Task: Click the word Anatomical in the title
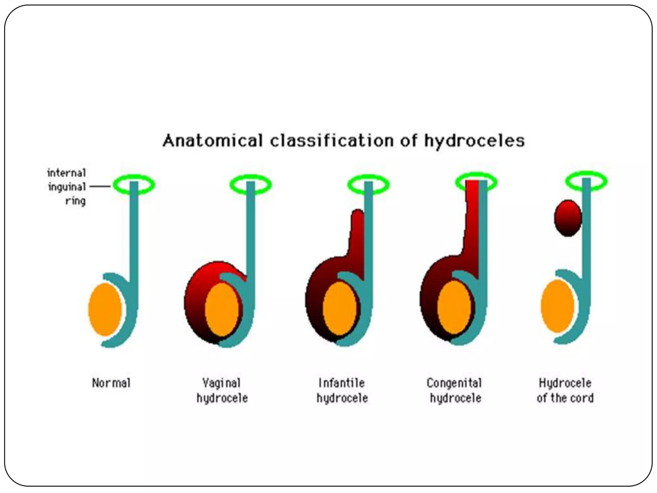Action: click(212, 141)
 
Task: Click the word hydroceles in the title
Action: click(474, 141)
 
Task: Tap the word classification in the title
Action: click(332, 141)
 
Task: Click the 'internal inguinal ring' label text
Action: click(67, 187)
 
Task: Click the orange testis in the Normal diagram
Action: click(105, 309)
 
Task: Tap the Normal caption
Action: click(111, 383)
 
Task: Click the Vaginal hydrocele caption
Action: click(222, 391)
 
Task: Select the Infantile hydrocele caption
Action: click(342, 391)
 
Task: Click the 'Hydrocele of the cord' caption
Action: click(565, 391)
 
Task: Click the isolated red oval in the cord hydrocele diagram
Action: click(568, 218)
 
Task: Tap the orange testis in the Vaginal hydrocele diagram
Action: click(222, 309)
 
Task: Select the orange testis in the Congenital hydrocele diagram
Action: click(454, 307)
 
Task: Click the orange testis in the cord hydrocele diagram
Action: click(557, 306)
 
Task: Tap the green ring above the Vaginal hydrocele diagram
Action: click(233, 185)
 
